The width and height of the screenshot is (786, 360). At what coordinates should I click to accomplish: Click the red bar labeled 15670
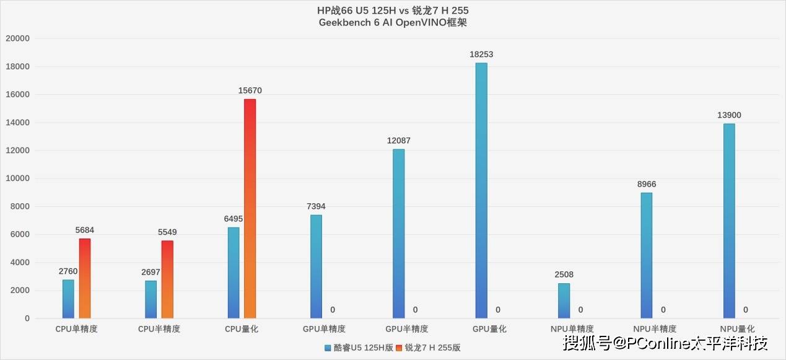point(250,209)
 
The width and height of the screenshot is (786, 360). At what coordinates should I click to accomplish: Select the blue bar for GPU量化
point(481,191)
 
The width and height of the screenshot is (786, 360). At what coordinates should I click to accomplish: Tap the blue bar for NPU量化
point(729,221)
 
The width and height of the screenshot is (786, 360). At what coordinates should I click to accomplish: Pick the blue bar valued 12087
point(398,234)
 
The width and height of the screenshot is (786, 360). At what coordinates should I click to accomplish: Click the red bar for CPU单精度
point(85,279)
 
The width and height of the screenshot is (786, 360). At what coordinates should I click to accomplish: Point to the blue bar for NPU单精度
point(564,301)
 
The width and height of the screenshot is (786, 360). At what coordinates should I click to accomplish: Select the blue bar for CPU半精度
point(151,300)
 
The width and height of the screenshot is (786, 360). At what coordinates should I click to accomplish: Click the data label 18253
point(481,55)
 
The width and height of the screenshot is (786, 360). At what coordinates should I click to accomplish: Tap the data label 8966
point(646,184)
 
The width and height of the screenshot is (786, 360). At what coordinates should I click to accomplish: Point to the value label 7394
point(316,206)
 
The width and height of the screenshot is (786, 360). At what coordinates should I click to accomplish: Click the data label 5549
point(167,232)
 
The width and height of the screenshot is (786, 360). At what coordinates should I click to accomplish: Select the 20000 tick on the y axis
point(17,38)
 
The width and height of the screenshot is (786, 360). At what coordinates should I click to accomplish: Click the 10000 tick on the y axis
point(17,178)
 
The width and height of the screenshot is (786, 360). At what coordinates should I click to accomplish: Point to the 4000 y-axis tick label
point(20,263)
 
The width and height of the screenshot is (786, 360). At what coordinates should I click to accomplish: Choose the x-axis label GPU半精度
point(407,329)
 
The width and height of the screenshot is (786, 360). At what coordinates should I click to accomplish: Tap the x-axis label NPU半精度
point(655,329)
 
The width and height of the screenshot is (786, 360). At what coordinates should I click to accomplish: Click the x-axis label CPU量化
point(242,329)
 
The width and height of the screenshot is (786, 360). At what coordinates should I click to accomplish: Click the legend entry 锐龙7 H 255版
point(432,348)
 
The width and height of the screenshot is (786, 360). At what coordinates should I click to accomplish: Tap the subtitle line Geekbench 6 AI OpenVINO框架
point(393,23)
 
